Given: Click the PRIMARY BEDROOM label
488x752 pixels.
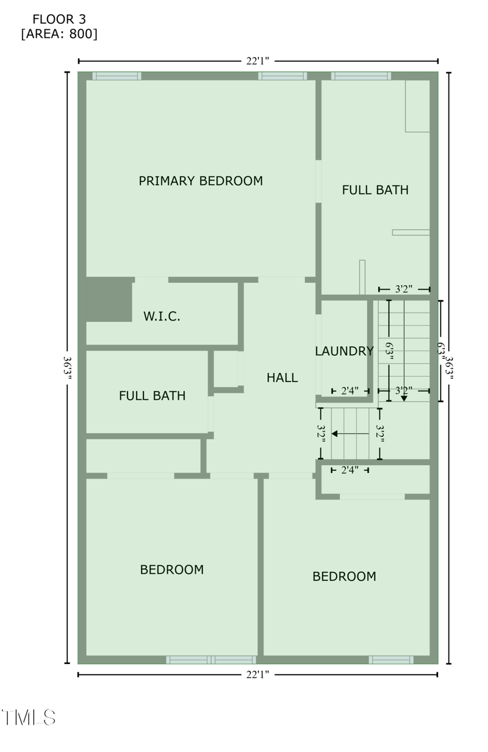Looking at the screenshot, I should click(201, 181).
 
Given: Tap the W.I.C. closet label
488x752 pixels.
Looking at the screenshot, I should click(162, 316).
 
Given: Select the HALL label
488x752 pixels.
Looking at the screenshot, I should click(282, 378).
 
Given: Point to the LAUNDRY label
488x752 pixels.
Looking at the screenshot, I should click(344, 351).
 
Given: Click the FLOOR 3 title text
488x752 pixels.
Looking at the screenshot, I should click(59, 20).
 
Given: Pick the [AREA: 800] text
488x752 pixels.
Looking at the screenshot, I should click(59, 34).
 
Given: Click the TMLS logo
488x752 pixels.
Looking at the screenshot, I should click(29, 718).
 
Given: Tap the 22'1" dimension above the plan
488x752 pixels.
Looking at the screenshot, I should click(257, 60).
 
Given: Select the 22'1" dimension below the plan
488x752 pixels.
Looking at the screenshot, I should click(257, 674).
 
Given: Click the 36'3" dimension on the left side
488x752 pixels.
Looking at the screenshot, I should click(67, 368).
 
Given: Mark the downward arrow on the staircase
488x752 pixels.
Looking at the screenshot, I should click(404, 398).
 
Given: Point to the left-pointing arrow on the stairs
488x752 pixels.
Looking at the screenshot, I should click(335, 434).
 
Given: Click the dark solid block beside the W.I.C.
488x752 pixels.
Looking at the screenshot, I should click(109, 299).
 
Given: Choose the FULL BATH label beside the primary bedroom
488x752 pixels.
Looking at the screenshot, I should click(375, 190).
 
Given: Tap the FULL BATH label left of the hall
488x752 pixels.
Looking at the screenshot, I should click(152, 396).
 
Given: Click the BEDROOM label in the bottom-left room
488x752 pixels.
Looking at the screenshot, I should click(172, 569).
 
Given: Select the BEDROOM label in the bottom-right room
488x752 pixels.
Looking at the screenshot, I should click(344, 576).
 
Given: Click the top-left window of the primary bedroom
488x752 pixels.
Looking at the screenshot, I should click(117, 76).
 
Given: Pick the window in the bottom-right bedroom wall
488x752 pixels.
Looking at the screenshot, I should click(391, 660).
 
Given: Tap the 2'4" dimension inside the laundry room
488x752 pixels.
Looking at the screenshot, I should click(350, 390).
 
